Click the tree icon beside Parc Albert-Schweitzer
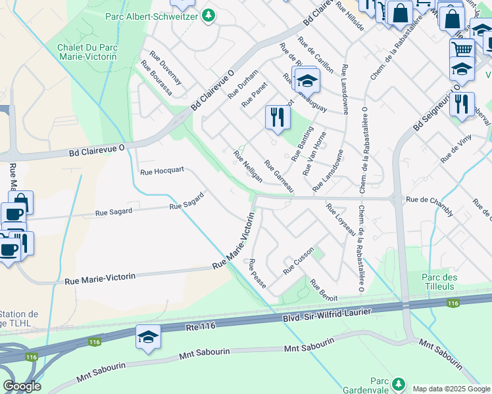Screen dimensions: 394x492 [x=209, y=14]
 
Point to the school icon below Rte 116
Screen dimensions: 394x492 [x=148, y=338]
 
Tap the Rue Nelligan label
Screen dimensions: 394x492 [x=248, y=167]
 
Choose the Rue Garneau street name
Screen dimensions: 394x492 [x=279, y=176]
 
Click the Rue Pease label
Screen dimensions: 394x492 [x=257, y=274]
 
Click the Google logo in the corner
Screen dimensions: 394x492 [x=22, y=386]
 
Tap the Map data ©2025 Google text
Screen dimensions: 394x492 [x=451, y=389]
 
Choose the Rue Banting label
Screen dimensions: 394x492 [x=300, y=146]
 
